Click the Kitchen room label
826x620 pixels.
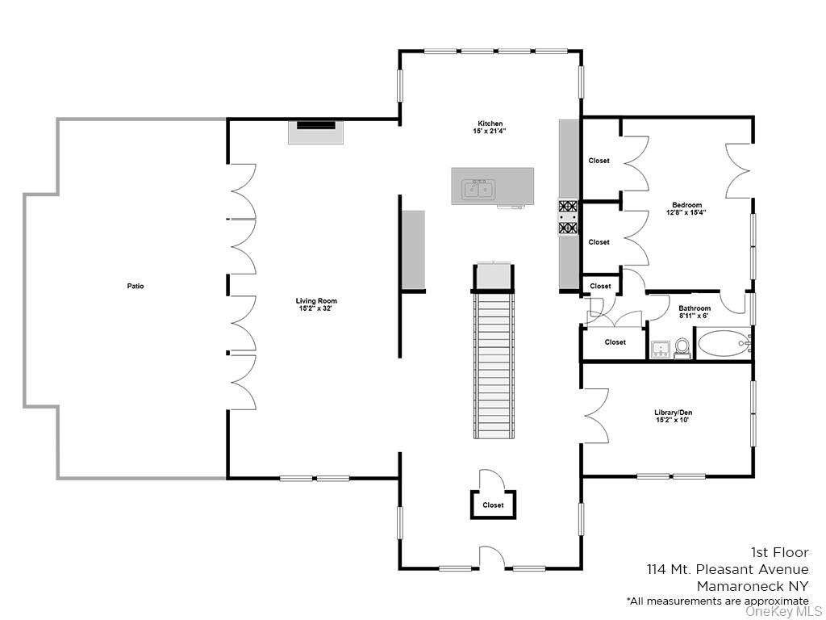coord(490,124)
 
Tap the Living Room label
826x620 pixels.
coord(316,301)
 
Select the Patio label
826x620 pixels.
coord(136,286)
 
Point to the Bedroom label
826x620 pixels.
coord(686,205)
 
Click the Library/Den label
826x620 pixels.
coord(673,413)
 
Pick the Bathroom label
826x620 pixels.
coord(695,308)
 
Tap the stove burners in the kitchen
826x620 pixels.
coord(569,217)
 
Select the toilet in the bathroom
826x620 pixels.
coord(682,347)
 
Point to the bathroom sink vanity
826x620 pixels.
coord(660,348)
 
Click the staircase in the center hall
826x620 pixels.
coord(493,363)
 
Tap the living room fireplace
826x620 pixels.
coord(316,131)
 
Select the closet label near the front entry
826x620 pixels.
coord(493,505)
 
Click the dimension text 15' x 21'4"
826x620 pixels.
coord(490,131)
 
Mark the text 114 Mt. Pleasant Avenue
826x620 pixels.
coord(727,569)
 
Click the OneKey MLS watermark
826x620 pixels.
coord(783,611)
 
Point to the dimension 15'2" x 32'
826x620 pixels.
coord(316,308)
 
